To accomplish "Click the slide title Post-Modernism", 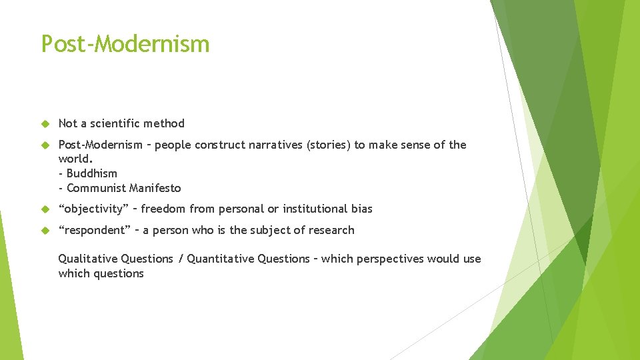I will click(125, 44).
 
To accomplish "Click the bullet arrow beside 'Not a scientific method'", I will click(45, 124).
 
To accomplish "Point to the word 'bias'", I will click(363, 209).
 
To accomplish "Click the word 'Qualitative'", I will click(87, 259).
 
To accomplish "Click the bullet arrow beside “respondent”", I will click(45, 231).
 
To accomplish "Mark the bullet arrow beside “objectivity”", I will click(45, 209).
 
